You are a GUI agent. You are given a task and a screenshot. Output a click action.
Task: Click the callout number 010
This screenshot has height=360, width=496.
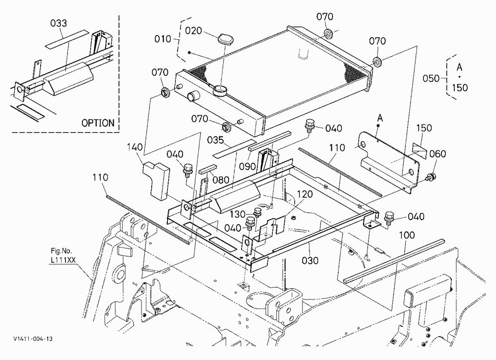click(163, 39)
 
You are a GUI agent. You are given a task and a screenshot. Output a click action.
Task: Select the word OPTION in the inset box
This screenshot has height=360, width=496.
click(98, 123)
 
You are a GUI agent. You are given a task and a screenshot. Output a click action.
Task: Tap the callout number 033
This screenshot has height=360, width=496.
click(59, 23)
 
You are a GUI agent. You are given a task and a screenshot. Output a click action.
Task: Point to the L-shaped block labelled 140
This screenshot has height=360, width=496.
click(156, 181)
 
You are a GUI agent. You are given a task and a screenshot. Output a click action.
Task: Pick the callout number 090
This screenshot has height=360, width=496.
click(247, 166)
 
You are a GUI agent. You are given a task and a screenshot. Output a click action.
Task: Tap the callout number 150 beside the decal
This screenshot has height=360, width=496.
click(424, 128)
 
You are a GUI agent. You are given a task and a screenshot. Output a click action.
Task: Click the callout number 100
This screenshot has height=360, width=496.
click(407, 235)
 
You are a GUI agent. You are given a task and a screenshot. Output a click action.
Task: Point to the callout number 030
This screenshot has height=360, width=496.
click(310, 260)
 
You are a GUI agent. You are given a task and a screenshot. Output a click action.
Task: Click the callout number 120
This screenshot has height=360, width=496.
click(305, 194)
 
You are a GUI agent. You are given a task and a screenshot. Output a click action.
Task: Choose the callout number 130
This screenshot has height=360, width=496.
click(238, 214)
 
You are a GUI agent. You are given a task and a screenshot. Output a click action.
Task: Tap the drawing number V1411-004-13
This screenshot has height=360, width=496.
click(33, 339)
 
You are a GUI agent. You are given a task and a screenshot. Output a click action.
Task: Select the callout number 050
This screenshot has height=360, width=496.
click(431, 78)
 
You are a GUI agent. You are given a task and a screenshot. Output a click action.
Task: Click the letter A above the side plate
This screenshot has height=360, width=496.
click(380, 118)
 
